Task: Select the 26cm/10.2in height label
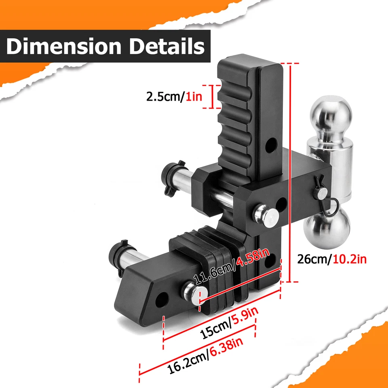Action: pyautogui.click(x=332, y=259)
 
